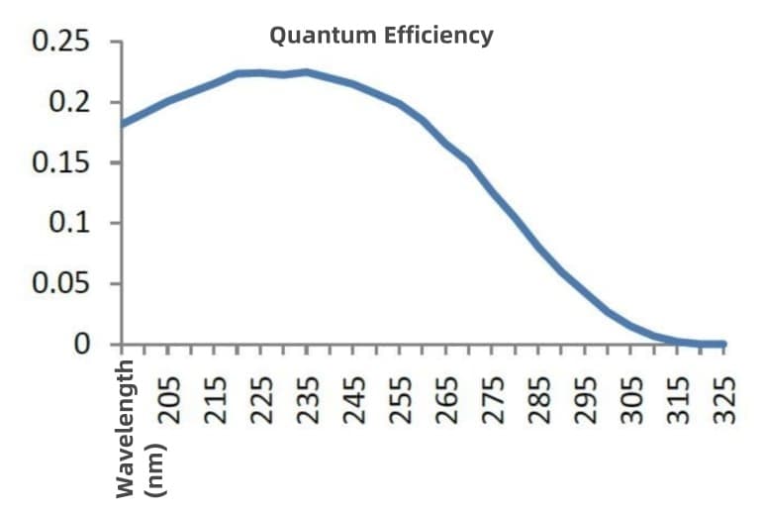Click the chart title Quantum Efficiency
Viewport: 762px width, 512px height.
pyautogui.click(x=381, y=36)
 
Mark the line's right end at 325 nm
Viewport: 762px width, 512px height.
pyautogui.click(x=724, y=344)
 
